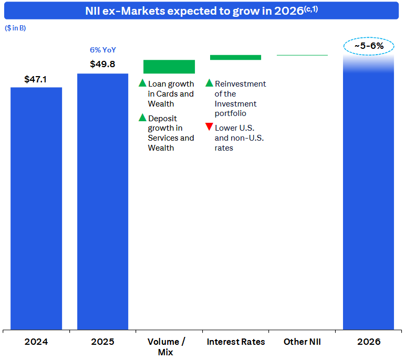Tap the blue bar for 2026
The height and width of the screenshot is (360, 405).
368,199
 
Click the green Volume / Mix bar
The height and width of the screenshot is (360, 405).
169,67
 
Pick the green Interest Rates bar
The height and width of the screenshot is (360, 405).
235,57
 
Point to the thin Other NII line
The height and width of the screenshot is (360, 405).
302,55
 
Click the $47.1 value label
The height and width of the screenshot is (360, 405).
36,79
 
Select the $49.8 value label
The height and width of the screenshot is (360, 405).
102,65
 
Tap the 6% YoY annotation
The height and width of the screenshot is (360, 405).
103,50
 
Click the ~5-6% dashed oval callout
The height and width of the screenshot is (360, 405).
368,46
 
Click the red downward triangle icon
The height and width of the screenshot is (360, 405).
209,127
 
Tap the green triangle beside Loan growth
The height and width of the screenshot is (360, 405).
142,83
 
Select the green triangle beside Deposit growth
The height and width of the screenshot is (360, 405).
142,118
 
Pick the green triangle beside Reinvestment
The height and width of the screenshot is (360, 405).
209,83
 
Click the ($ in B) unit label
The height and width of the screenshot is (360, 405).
15,28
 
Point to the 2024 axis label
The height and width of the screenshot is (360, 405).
36,342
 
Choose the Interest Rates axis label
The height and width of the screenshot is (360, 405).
236,342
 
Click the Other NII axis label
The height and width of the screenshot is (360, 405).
302,342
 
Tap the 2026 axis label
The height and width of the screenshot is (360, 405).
368,342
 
